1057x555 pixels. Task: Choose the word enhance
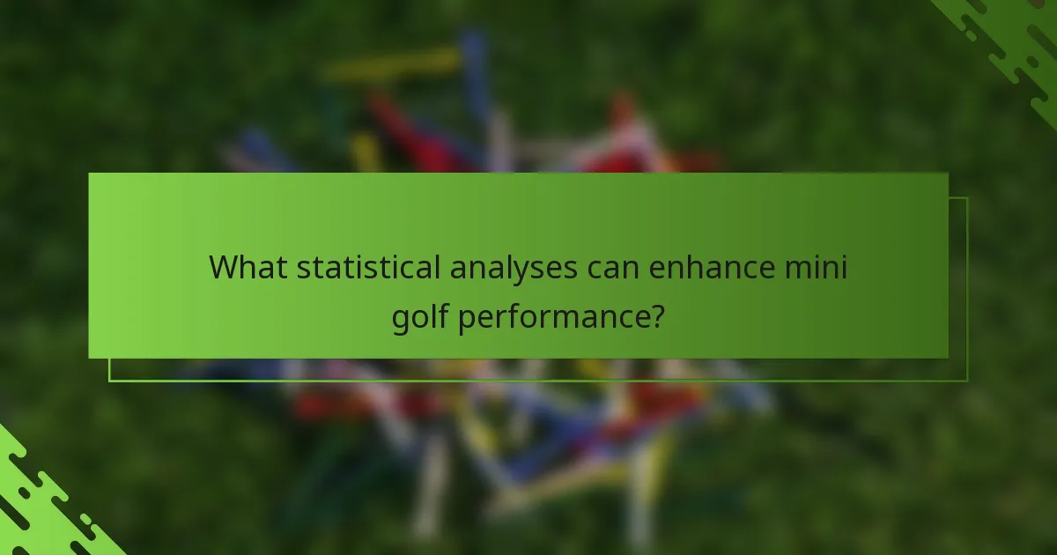tap(714, 266)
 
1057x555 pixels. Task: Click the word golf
tap(421, 315)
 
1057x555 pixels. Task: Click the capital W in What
tap(224, 266)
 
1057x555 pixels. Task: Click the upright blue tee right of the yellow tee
tap(474, 62)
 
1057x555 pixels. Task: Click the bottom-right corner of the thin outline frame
tap(967, 381)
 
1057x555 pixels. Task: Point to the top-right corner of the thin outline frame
tap(967, 198)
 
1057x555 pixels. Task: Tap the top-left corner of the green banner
tap(89, 174)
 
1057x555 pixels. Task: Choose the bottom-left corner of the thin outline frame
tap(109, 381)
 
